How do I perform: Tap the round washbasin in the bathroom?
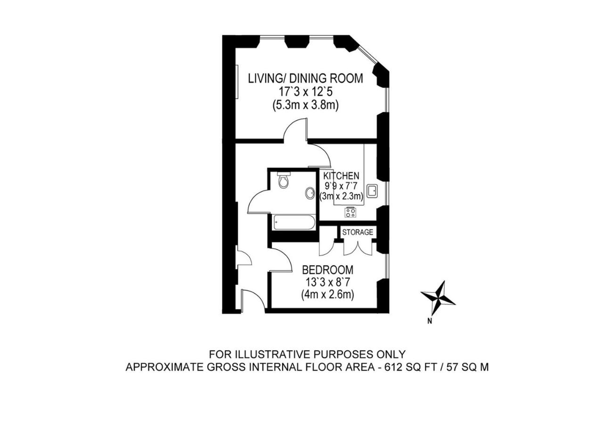point(310,193)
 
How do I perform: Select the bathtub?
point(293,222)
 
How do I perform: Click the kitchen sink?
point(373,191)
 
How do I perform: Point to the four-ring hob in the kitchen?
point(350,212)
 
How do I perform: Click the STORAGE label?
point(358,232)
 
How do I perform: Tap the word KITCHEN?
point(341,176)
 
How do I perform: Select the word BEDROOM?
point(327,269)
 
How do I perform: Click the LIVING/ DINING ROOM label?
point(306,78)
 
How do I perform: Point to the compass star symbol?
point(438,298)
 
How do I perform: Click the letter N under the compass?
point(430,321)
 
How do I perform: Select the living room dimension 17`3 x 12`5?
point(306,92)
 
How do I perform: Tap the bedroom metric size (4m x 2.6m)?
point(327,295)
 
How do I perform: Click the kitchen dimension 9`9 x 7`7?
point(341,186)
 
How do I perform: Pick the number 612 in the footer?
point(391,367)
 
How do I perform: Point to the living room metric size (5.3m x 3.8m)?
point(306,105)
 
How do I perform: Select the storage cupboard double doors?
point(358,248)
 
